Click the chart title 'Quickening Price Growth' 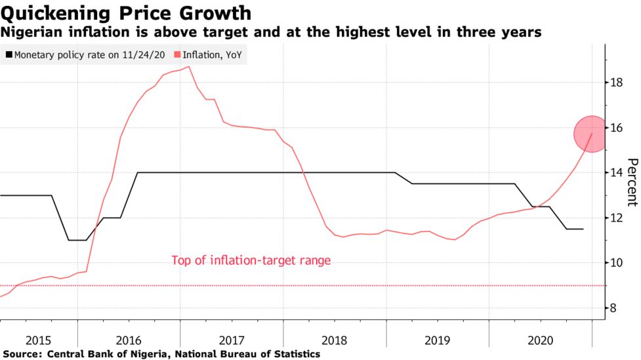click(x=126, y=12)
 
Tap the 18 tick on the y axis click(x=616, y=83)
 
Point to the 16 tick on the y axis click(x=616, y=128)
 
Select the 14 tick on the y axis click(x=616, y=172)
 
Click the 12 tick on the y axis click(x=616, y=218)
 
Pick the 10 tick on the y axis click(x=616, y=263)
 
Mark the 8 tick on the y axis click(x=616, y=308)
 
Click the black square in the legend click(x=8, y=56)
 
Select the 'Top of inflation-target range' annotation click(x=251, y=260)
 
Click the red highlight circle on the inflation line click(x=592, y=134)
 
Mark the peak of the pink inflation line click(x=189, y=66)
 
